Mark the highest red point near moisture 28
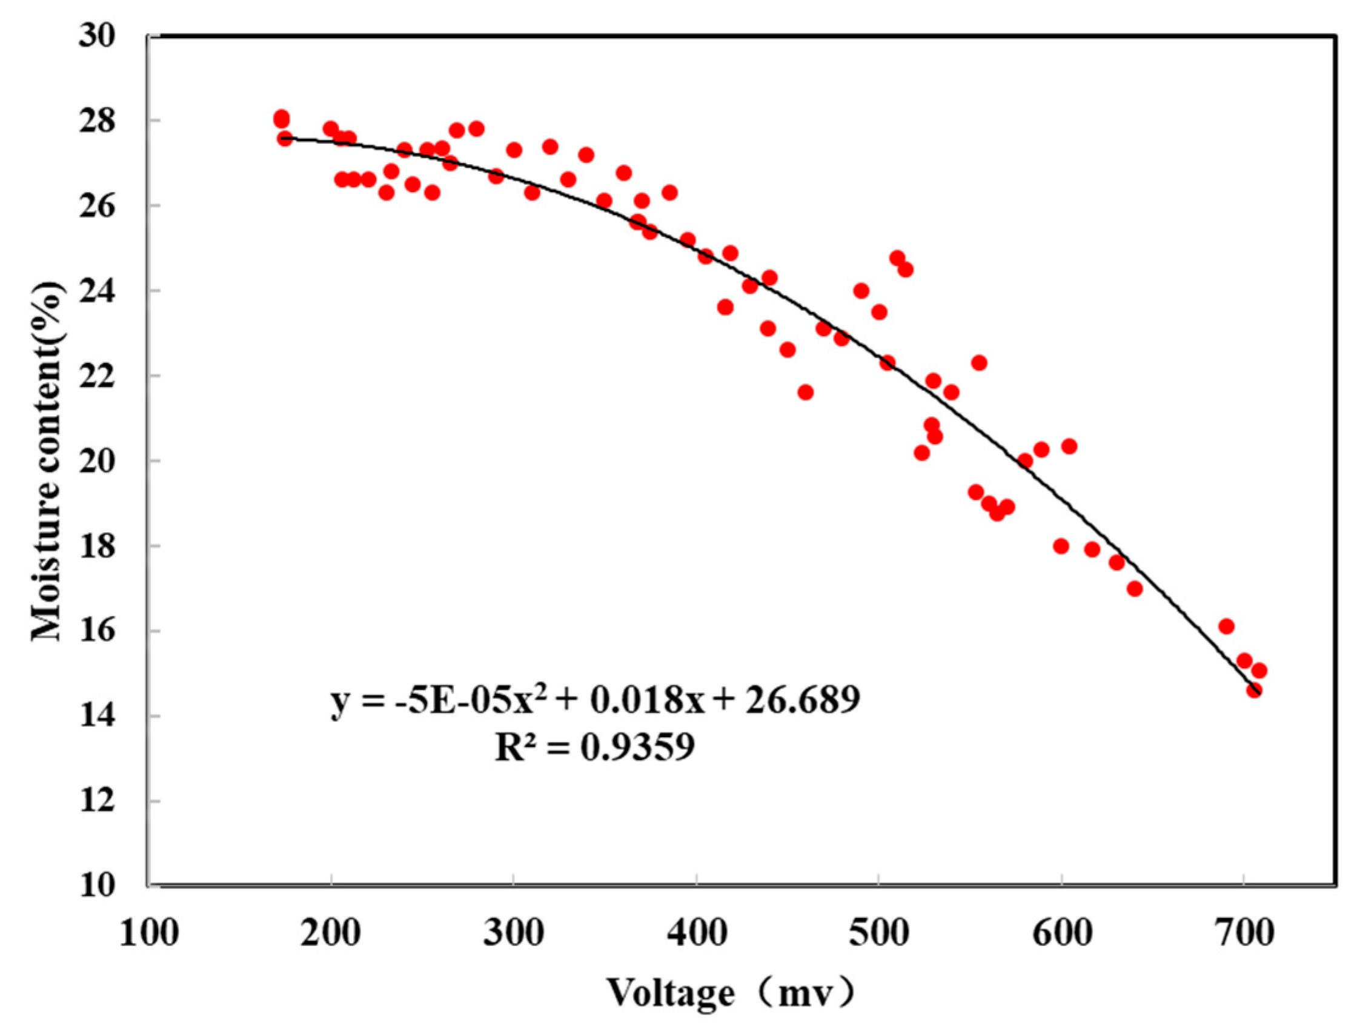pos(282,118)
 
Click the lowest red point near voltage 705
pos(1254,691)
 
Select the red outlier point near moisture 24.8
pos(897,258)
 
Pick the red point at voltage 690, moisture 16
pos(1226,626)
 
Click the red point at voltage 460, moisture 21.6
pos(806,392)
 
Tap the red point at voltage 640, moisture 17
pos(1135,589)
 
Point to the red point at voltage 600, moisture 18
pos(1061,546)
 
